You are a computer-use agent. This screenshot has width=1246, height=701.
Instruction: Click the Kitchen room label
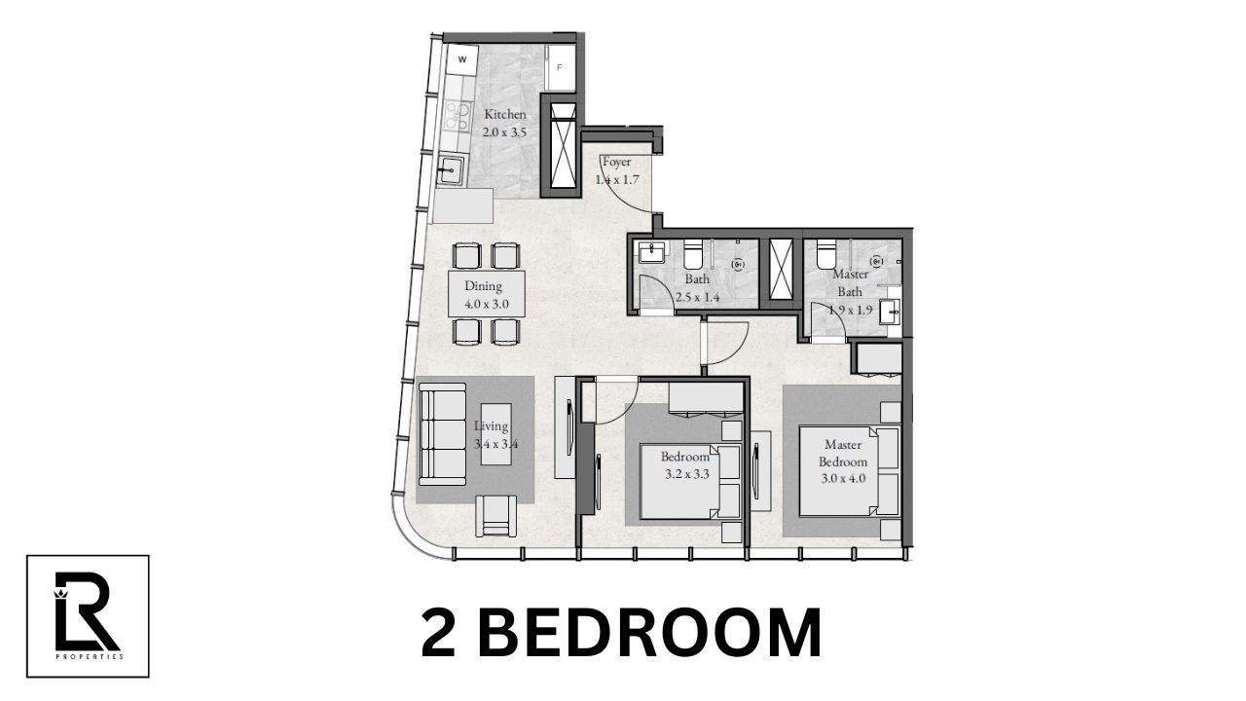505,122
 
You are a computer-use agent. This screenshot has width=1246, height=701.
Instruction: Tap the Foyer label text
616,170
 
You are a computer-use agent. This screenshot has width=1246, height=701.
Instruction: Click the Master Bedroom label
842,461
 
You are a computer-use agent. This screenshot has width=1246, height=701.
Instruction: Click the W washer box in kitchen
462,60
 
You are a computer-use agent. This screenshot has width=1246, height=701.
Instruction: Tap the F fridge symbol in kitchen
560,68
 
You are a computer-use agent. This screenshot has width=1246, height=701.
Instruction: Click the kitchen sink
451,172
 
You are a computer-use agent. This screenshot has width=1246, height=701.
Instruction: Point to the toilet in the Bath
693,255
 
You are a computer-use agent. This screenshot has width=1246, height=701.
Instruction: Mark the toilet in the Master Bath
825,253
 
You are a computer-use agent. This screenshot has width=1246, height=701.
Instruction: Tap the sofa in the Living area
441,433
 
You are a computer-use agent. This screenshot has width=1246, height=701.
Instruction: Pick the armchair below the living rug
495,515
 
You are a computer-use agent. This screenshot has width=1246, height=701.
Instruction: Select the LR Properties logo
88,615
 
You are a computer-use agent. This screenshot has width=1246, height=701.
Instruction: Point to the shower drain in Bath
737,263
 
